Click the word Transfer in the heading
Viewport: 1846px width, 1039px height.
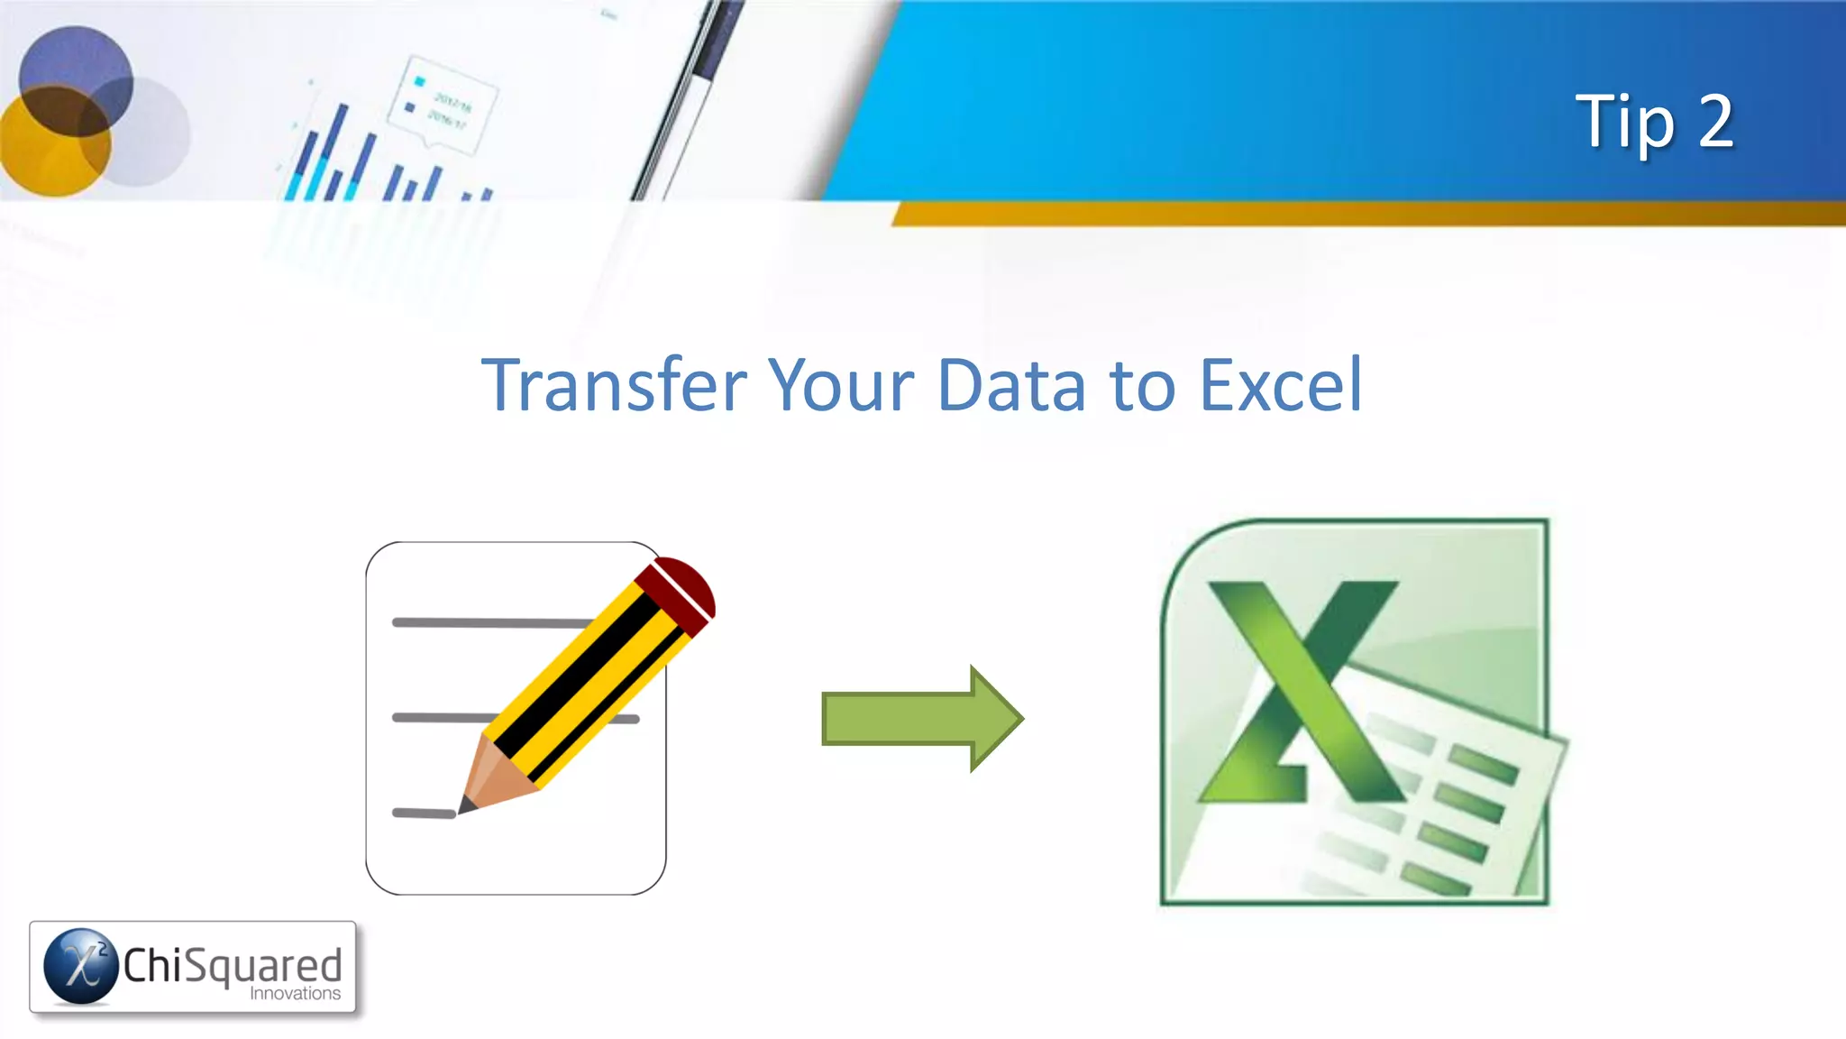coord(614,385)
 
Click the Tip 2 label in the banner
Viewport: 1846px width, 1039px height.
coord(1654,122)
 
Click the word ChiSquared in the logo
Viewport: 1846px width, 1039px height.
coord(233,964)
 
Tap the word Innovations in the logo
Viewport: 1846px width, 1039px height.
coord(296,994)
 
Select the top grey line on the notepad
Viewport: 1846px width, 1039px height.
coord(491,622)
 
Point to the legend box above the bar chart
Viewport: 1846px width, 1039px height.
coord(442,104)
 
